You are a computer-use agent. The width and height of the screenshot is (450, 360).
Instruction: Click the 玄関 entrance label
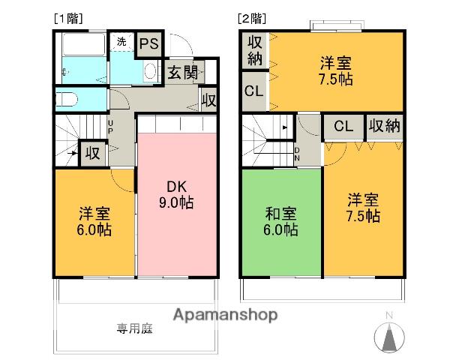tap(182, 72)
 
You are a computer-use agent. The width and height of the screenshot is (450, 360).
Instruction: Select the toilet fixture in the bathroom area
tap(66, 99)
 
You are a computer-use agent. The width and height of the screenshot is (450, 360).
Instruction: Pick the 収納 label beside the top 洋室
tap(255, 50)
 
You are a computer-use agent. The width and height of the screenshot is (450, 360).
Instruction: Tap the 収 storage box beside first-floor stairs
tap(91, 153)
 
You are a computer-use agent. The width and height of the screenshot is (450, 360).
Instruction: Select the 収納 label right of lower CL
tap(384, 125)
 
